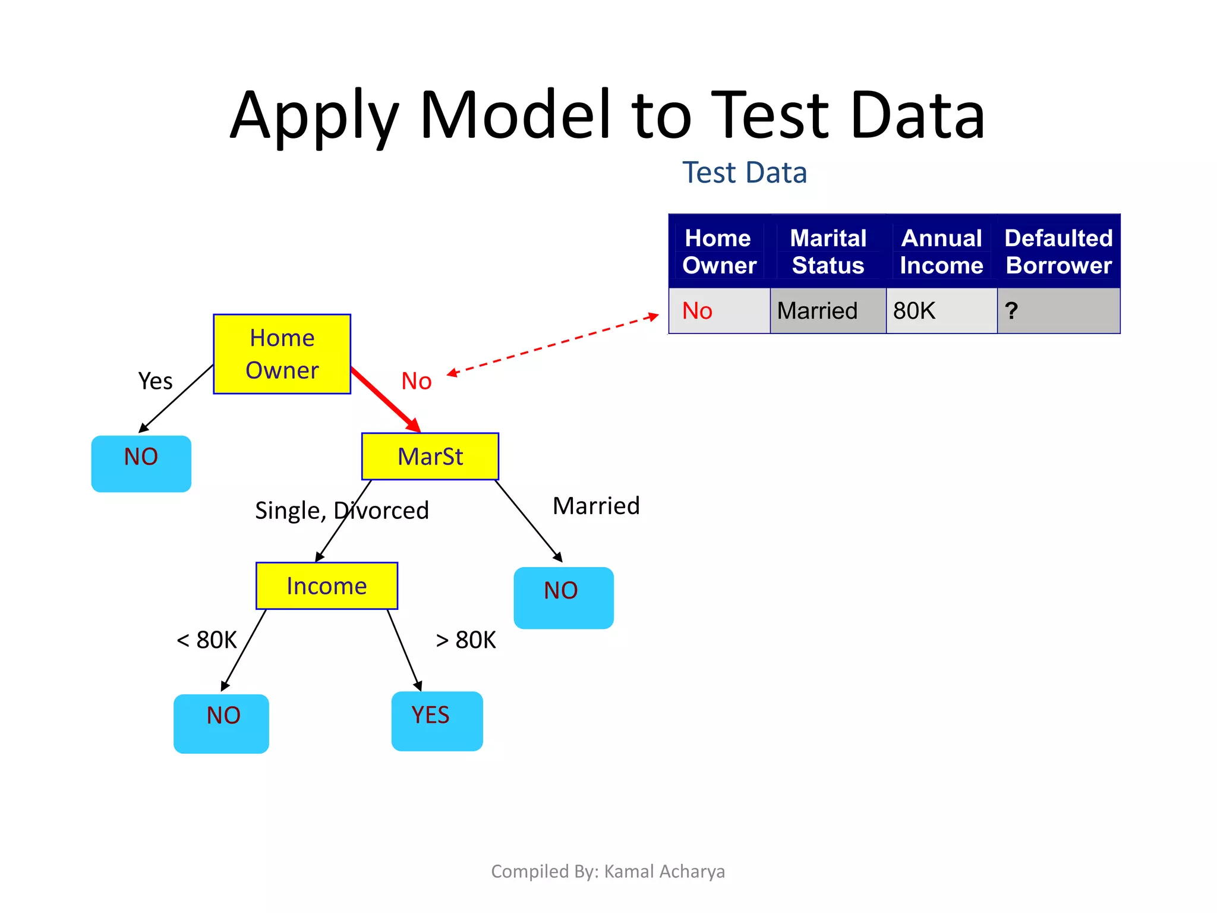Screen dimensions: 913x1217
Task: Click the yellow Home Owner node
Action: tap(282, 354)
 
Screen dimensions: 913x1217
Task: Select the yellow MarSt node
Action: tap(430, 456)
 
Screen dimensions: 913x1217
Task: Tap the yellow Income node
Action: tap(327, 585)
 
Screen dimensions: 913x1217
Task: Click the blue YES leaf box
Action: tap(437, 720)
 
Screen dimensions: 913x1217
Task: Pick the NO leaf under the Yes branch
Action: tap(141, 464)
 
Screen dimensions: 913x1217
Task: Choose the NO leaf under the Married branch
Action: tap(563, 597)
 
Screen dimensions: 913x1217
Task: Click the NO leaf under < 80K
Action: tap(221, 723)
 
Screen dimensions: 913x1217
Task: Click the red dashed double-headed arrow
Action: tap(553, 344)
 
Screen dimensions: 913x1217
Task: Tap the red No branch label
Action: tap(416, 381)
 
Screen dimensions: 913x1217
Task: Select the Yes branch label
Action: tap(155, 381)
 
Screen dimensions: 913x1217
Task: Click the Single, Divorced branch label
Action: tap(342, 511)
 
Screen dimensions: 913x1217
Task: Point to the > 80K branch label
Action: tap(466, 640)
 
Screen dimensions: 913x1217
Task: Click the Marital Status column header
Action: tap(828, 251)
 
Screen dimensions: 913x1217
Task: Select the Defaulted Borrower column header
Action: tap(1058, 251)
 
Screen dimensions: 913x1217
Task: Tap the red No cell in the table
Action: tap(697, 311)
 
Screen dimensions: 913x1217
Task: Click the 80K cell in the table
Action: tap(915, 311)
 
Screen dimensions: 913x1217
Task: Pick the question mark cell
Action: tap(1011, 311)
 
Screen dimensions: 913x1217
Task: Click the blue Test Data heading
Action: tap(744, 173)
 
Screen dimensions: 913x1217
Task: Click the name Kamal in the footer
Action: tap(629, 871)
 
